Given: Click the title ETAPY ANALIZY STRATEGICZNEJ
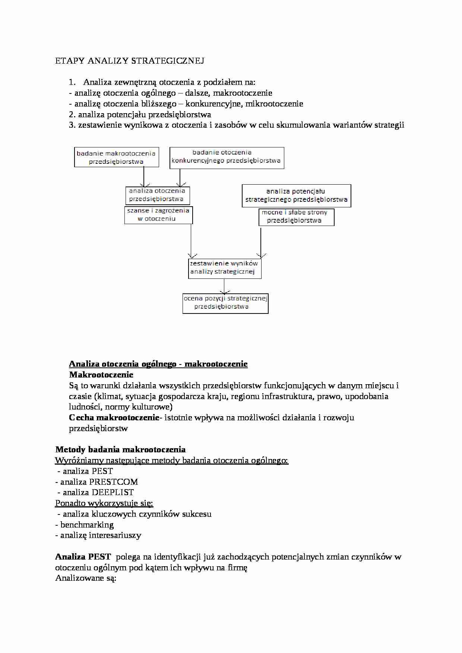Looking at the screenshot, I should point(130,61).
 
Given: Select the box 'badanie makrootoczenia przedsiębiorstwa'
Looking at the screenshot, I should point(116,157).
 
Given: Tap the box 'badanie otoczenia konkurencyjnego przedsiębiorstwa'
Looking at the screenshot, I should point(227,158).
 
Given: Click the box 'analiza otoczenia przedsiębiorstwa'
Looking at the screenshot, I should point(157,195).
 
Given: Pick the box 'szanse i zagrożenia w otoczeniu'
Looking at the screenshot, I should point(158,215).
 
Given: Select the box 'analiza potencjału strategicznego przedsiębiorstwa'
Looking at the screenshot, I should point(296,195).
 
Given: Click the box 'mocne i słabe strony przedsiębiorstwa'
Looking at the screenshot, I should point(296,217).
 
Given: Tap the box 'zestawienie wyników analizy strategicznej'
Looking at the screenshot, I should point(224,268).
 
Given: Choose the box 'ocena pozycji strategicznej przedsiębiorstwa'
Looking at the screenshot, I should point(225,303).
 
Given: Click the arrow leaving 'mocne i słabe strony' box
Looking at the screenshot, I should point(261,242).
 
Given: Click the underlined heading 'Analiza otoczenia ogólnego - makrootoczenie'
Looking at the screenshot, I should point(158,364).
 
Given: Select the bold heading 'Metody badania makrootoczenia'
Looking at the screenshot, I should point(120,450).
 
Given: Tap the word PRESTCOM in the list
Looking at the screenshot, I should point(114,482).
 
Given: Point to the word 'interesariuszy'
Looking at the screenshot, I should point(115,536).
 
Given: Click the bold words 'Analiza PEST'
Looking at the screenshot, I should point(83,557).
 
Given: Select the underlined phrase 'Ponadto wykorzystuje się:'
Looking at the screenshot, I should point(104,503).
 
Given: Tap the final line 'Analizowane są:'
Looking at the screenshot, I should point(86,579).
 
